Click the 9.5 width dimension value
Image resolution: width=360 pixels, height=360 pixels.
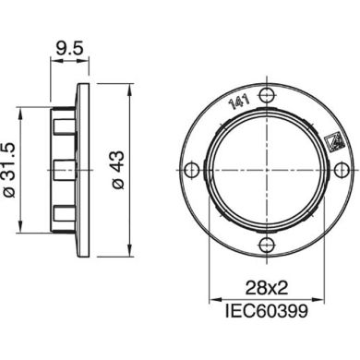67,43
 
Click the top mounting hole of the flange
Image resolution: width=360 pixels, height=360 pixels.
267,95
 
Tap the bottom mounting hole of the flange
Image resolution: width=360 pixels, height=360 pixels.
267,244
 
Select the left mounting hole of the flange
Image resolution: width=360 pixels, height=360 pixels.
192,169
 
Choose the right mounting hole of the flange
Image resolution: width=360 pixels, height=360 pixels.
341,169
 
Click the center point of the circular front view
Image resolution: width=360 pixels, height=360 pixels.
267,169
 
